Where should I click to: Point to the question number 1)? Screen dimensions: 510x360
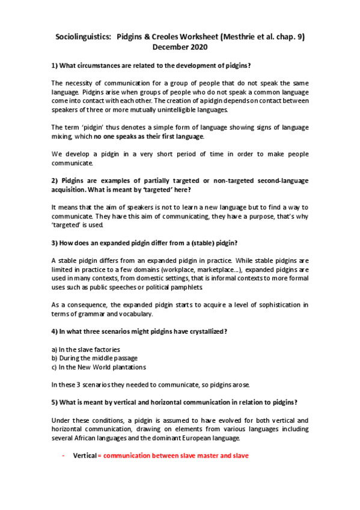point(54,65)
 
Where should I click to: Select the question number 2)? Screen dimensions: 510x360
point(54,180)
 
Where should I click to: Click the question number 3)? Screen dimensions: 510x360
point(54,242)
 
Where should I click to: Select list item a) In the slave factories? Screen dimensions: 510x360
point(85,349)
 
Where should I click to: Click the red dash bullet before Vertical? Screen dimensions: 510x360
point(63,456)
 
